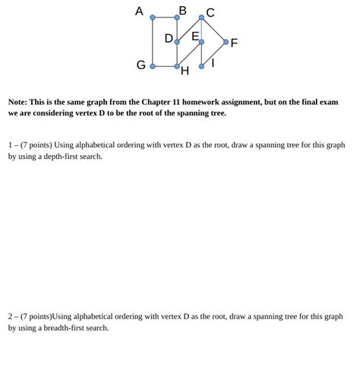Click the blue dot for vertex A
(153, 17)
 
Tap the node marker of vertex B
(177, 17)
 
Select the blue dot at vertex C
(201, 17)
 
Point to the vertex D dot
(177, 42)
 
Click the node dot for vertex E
(201, 42)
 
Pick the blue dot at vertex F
(226, 42)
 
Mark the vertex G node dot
(153, 66)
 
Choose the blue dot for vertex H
(177, 66)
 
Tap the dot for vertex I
(201, 66)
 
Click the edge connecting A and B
(165, 17)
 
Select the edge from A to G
(153, 42)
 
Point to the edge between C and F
(213, 29)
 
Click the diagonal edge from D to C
(189, 29)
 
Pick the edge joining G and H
(165, 66)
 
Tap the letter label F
(234, 43)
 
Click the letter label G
(141, 65)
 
